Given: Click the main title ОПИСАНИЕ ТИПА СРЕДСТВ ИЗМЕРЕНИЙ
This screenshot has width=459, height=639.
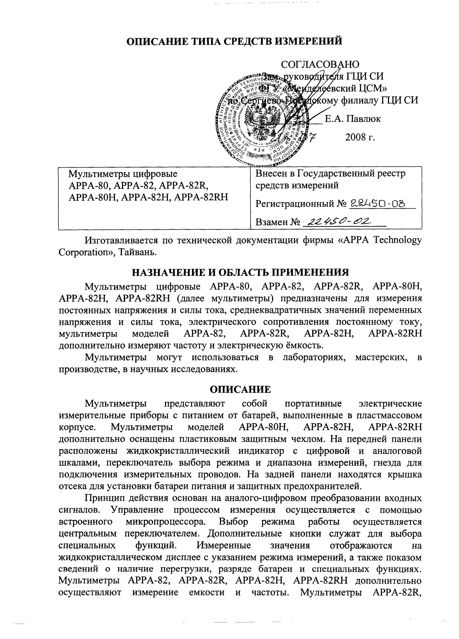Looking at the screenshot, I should pos(234,41).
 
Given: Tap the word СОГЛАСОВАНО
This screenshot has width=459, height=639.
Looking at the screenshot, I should pos(320,64).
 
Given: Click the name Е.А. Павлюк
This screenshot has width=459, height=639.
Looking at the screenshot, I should pos(353,119).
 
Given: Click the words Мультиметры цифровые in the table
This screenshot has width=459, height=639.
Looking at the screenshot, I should pos(123,174).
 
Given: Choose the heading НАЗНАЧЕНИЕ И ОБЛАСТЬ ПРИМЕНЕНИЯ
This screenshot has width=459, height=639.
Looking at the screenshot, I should pos(240,273).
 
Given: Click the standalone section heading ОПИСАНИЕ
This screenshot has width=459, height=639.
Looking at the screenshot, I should pos(240,389).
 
